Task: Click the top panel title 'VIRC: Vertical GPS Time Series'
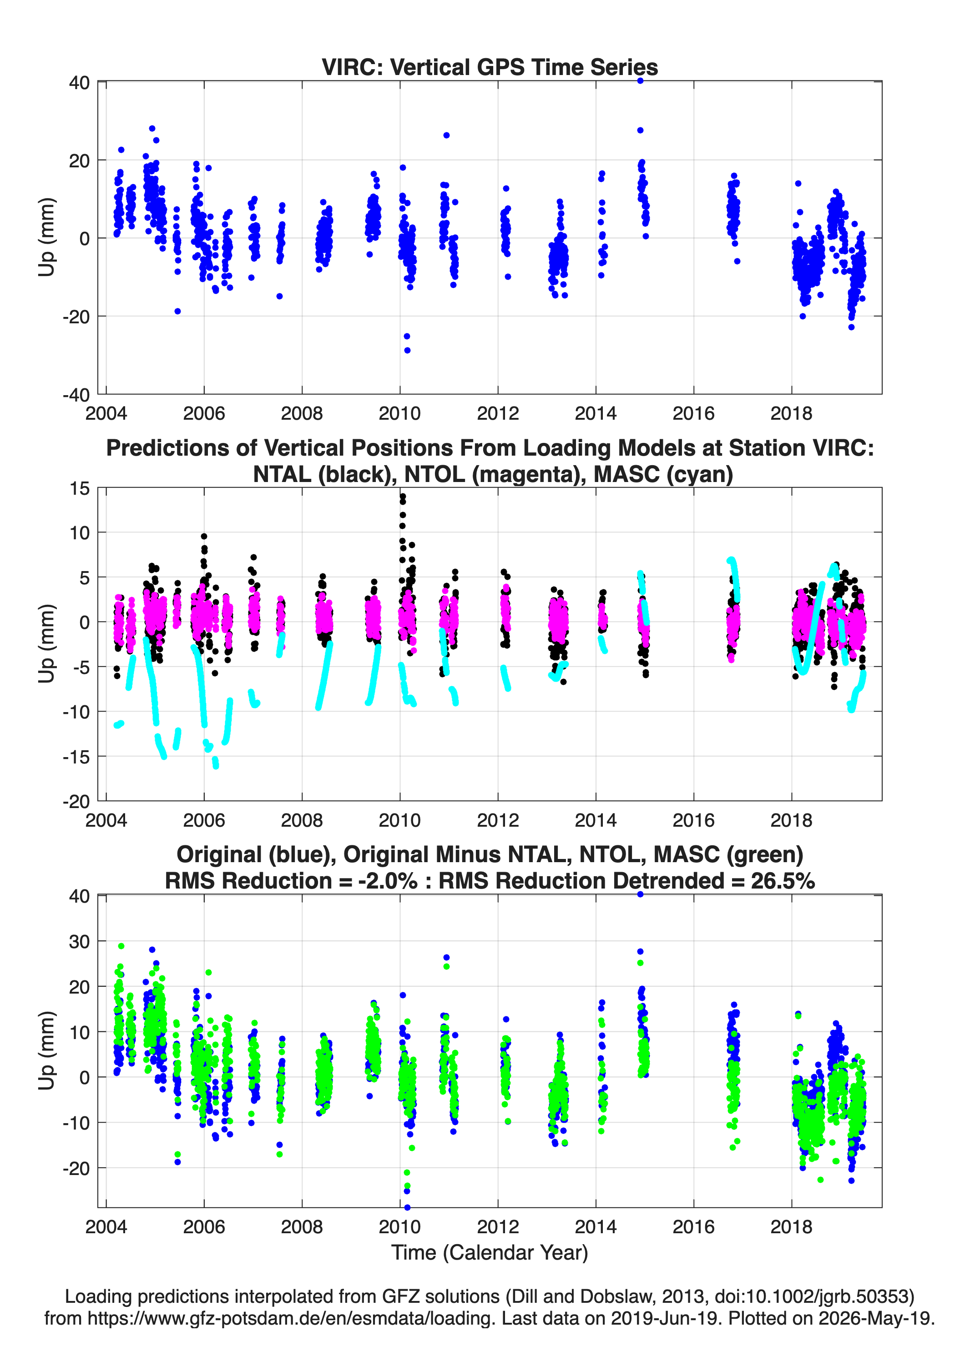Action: pyautogui.click(x=490, y=67)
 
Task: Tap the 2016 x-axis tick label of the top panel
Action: pyautogui.click(x=693, y=413)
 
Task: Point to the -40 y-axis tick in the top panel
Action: pyautogui.click(x=76, y=395)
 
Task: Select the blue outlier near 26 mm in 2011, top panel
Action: pyautogui.click(x=446, y=136)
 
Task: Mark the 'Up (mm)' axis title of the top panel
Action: pyautogui.click(x=47, y=237)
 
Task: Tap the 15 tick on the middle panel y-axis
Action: pyautogui.click(x=79, y=488)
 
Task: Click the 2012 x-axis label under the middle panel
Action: pyautogui.click(x=498, y=820)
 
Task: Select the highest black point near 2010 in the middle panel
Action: pyautogui.click(x=403, y=496)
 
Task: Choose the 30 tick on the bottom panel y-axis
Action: pyautogui.click(x=79, y=942)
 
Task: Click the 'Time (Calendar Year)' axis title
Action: pyautogui.click(x=490, y=1252)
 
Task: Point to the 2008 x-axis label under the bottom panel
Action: pyautogui.click(x=302, y=1226)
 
